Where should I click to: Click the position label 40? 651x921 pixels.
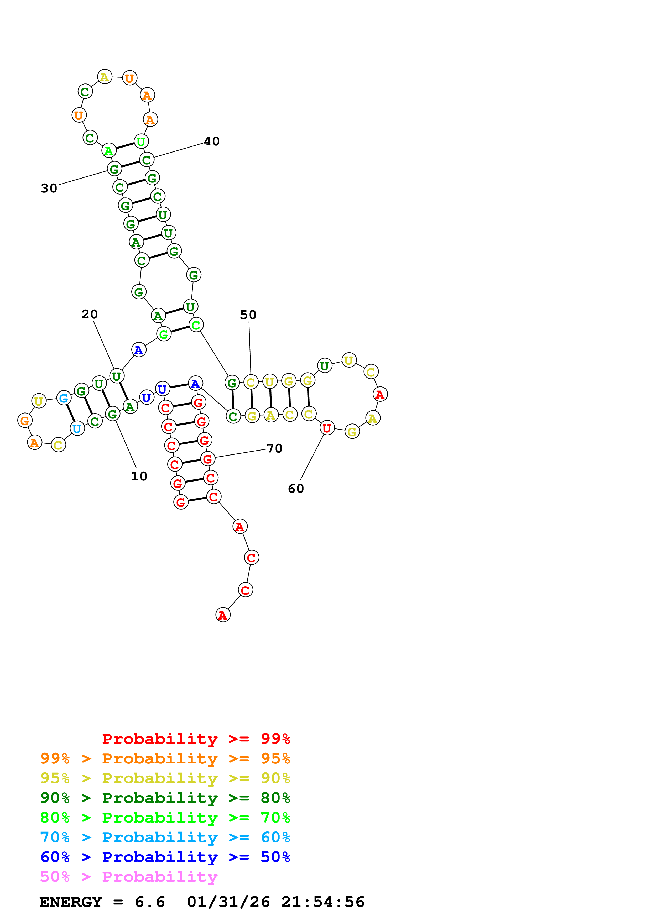point(211,141)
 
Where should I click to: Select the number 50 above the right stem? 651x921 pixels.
point(248,315)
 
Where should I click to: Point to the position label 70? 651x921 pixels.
point(274,448)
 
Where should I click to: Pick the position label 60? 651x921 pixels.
point(296,489)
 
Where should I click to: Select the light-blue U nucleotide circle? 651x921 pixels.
point(77,428)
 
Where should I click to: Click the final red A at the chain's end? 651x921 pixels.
point(223,615)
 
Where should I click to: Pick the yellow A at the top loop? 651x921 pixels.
point(105,77)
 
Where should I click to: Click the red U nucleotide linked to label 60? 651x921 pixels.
point(327,428)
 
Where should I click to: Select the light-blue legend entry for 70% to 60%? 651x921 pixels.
point(165,837)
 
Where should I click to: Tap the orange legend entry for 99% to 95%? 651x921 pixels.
point(165,758)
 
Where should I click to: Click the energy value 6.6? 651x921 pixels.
point(150,902)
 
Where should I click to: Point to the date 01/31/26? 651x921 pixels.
point(228,902)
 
